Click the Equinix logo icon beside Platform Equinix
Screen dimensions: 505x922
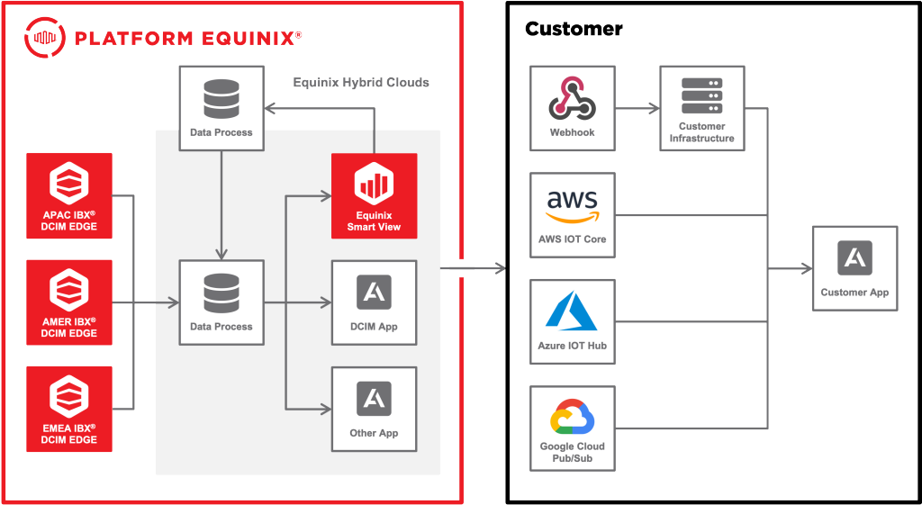pyautogui.click(x=45, y=37)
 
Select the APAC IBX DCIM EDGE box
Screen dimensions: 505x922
pyautogui.click(x=69, y=196)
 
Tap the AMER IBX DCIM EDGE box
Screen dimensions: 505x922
pyautogui.click(x=69, y=302)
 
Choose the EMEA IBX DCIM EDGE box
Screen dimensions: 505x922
pyautogui.click(x=69, y=409)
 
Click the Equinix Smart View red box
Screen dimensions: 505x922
pyautogui.click(x=375, y=196)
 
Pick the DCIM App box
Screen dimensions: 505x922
pyautogui.click(x=375, y=302)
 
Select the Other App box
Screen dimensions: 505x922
pyautogui.click(x=375, y=409)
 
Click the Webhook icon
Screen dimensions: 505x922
pyautogui.click(x=573, y=99)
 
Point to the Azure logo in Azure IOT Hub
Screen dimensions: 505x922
pyautogui.click(x=573, y=311)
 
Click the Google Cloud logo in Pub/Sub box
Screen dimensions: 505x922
pyautogui.click(x=573, y=418)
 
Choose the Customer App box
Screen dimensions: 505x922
pyautogui.click(x=854, y=268)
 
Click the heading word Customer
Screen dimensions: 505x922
pyautogui.click(x=574, y=29)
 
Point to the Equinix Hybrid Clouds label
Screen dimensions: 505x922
pyautogui.click(x=361, y=83)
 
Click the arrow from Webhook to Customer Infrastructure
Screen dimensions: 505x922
pyautogui.click(x=638, y=108)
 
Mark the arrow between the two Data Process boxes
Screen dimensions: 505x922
pyautogui.click(x=221, y=203)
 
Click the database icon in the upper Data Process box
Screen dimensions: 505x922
pyautogui.click(x=221, y=99)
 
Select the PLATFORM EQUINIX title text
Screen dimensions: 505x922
pyautogui.click(x=185, y=38)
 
